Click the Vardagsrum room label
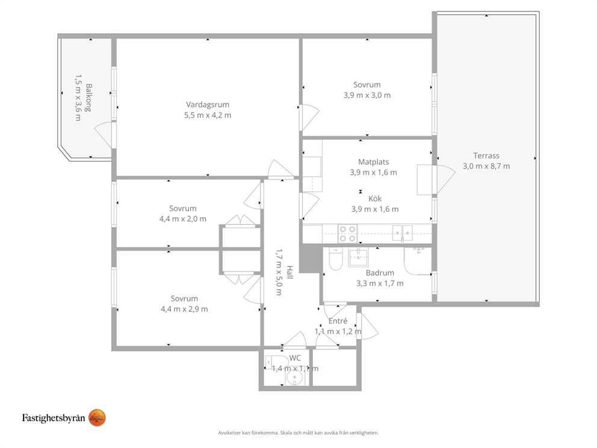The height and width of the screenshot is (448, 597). [208, 105]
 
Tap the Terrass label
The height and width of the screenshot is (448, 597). [486, 155]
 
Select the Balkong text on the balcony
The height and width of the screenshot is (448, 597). [88, 98]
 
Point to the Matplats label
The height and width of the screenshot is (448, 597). [373, 162]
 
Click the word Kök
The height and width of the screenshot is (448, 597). [375, 199]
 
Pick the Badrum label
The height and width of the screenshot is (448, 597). [380, 273]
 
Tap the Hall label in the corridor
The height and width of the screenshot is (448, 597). [289, 272]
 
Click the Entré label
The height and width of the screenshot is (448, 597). [338, 321]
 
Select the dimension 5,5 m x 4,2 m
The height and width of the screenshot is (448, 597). [208, 115]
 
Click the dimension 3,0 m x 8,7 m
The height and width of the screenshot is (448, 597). [486, 166]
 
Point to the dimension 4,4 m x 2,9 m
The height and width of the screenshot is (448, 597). [184, 309]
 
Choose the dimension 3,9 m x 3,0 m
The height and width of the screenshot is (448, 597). [367, 95]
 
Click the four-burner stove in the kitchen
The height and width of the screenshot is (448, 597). [347, 234]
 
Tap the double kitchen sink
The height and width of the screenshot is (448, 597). [403, 233]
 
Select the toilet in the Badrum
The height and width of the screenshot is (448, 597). [336, 259]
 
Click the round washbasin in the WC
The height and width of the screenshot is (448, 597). [294, 378]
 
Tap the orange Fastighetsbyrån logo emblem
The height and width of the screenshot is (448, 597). [97, 418]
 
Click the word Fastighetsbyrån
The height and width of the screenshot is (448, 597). [54, 418]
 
